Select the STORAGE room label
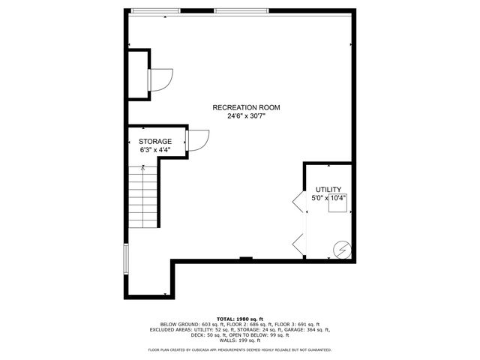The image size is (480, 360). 155,141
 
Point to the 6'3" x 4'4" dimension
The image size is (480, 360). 155,150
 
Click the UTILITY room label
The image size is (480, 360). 328,189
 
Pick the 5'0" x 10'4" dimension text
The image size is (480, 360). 328,198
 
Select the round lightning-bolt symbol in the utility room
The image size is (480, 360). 341,247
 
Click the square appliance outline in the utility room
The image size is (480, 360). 337,204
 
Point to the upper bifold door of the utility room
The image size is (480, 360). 298,200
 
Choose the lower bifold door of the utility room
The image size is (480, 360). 298,244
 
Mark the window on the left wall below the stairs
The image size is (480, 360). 126,258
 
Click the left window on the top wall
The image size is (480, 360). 156,10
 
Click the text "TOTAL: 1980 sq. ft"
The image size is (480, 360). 240,318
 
